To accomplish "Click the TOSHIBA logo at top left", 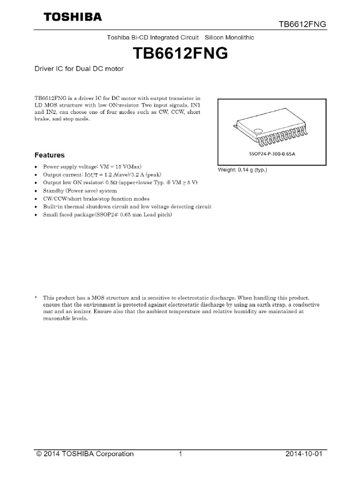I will click(73, 17).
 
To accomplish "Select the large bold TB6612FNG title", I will click(181, 54).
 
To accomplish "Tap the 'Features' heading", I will click(50, 155).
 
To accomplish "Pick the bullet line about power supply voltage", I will click(92, 167).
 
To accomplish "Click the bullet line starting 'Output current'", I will click(102, 175).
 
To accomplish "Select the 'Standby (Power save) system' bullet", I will click(80, 191).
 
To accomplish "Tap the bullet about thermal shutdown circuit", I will click(127, 207).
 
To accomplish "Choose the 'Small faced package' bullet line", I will click(107, 215).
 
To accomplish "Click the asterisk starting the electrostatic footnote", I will click(36, 298).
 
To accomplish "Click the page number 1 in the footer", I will click(180, 454).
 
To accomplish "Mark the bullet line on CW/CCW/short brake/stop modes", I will click(96, 199).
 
